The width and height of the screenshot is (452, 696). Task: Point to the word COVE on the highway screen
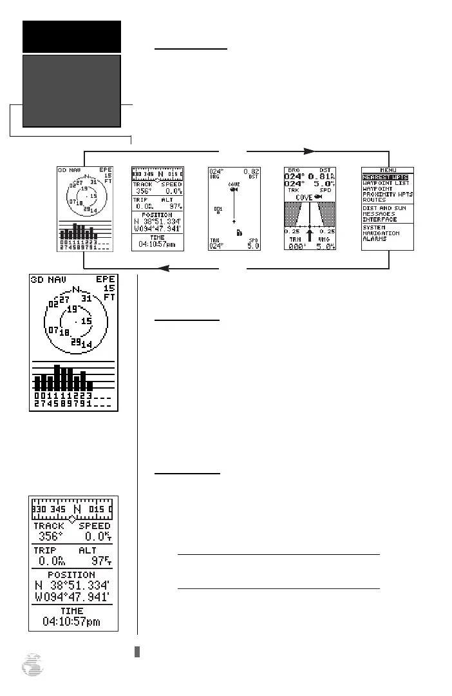305,197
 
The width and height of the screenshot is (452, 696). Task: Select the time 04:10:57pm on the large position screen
72,621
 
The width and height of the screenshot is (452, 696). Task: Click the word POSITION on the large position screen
71,575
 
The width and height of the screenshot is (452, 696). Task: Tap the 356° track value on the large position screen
48,536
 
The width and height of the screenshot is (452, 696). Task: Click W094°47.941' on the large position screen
72,597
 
